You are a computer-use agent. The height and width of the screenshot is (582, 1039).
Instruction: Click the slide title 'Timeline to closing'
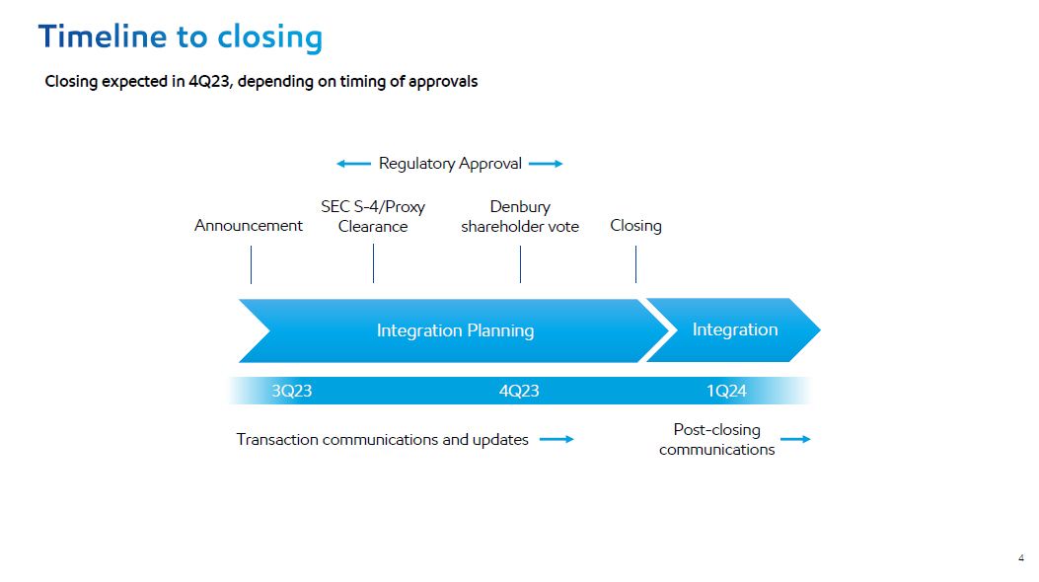click(181, 37)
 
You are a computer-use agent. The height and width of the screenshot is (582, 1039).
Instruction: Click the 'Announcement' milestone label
click(249, 226)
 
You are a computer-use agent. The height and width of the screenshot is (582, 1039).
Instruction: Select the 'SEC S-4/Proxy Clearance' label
click(373, 216)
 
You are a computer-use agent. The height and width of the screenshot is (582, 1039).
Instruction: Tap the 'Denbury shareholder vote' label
click(520, 216)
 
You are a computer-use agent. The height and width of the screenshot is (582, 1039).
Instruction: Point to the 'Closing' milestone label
click(635, 226)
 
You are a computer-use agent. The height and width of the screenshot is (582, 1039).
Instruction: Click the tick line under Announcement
click(252, 264)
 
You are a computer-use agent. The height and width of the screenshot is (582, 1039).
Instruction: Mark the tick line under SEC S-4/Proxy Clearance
click(374, 263)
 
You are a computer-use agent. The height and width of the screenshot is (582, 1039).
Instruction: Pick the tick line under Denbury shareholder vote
click(521, 263)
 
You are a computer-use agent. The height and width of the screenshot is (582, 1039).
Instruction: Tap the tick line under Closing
click(636, 263)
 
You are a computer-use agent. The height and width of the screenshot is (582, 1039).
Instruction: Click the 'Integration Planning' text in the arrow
click(455, 330)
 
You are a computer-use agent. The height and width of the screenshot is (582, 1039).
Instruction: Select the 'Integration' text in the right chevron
click(735, 329)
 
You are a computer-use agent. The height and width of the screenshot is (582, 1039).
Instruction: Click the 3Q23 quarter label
click(292, 391)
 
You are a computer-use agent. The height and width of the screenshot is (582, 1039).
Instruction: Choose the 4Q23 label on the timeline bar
click(519, 391)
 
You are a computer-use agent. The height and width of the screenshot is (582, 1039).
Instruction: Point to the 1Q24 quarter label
click(726, 391)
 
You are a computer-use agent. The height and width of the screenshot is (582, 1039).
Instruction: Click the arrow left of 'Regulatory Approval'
click(353, 164)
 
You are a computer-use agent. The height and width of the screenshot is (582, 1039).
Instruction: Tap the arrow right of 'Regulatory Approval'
click(546, 164)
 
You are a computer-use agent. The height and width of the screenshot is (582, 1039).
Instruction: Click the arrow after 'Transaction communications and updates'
click(557, 440)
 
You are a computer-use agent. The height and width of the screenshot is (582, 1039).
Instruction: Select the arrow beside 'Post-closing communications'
click(795, 440)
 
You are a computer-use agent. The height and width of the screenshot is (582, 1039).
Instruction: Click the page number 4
click(1020, 558)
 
